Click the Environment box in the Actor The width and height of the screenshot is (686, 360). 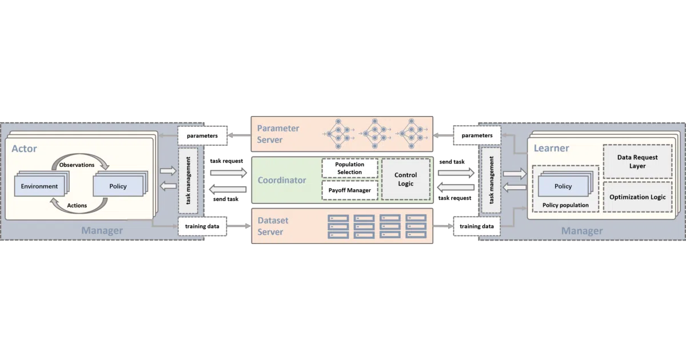(39, 186)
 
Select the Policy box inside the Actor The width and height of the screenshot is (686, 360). (118, 186)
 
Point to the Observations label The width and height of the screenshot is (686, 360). (77, 165)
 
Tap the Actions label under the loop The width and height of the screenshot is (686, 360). (77, 205)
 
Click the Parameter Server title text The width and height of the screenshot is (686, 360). (278, 134)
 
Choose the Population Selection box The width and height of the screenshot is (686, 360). (350, 168)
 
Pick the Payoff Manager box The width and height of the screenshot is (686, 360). (350, 190)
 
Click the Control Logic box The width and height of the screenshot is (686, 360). (406, 179)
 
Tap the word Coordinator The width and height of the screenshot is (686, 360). (282, 180)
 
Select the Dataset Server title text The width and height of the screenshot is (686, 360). (273, 226)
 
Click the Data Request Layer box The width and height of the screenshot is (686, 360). (637, 161)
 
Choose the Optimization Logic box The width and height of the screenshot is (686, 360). (637, 197)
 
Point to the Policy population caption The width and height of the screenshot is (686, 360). (565, 205)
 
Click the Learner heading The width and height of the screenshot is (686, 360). (551, 148)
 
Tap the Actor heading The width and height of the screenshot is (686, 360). (24, 149)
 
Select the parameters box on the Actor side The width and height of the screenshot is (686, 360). (202, 135)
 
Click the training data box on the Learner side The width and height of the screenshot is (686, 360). (477, 226)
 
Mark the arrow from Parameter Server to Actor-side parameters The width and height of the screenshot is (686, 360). (239, 135)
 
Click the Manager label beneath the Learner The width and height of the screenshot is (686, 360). (582, 230)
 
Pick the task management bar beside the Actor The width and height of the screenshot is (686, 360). (188, 181)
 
